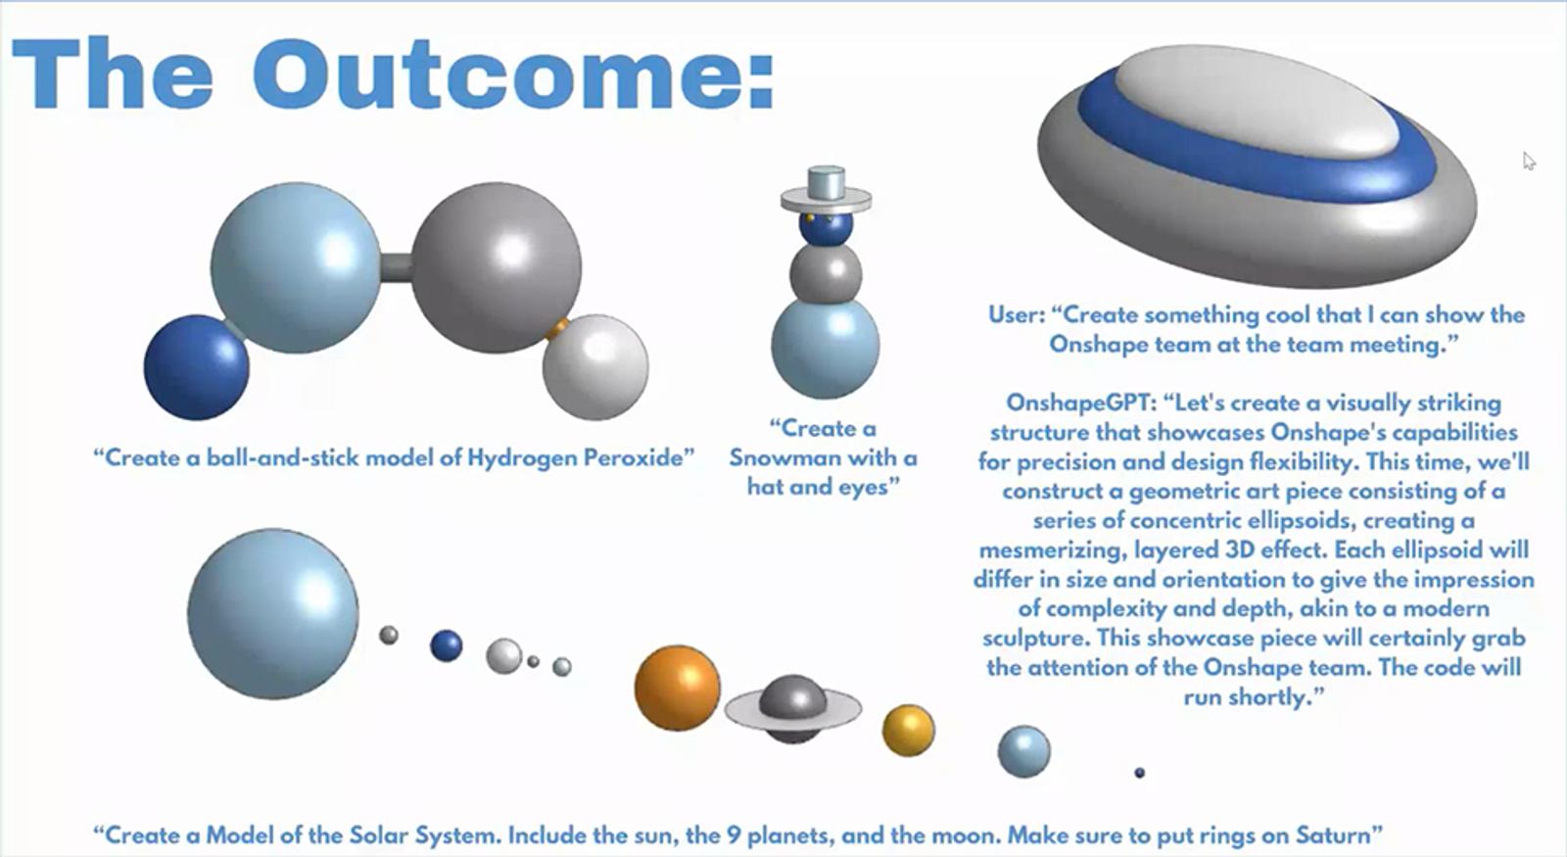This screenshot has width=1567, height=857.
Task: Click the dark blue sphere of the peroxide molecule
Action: pyautogui.click(x=197, y=367)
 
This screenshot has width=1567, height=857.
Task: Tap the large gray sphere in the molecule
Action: pyautogui.click(x=496, y=267)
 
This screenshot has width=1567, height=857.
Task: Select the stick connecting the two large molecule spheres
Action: pyautogui.click(x=396, y=267)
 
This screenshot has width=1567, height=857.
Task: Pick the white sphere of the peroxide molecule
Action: pyautogui.click(x=595, y=367)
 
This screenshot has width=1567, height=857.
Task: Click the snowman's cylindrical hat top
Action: pyautogui.click(x=827, y=182)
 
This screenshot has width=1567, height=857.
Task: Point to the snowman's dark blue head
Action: pyautogui.click(x=826, y=227)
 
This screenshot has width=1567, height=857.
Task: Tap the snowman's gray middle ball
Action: pyautogui.click(x=826, y=273)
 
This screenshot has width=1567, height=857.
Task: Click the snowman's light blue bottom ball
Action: pyautogui.click(x=826, y=347)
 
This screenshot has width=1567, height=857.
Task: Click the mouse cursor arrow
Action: pyautogui.click(x=1529, y=161)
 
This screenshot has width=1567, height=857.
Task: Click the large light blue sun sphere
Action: pyautogui.click(x=273, y=613)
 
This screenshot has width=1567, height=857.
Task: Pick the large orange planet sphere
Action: pyautogui.click(x=677, y=688)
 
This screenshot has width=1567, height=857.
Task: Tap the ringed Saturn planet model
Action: pyautogui.click(x=792, y=709)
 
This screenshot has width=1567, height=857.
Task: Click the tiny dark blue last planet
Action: pyautogui.click(x=1140, y=773)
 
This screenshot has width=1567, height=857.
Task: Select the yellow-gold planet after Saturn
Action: pyautogui.click(x=908, y=731)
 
